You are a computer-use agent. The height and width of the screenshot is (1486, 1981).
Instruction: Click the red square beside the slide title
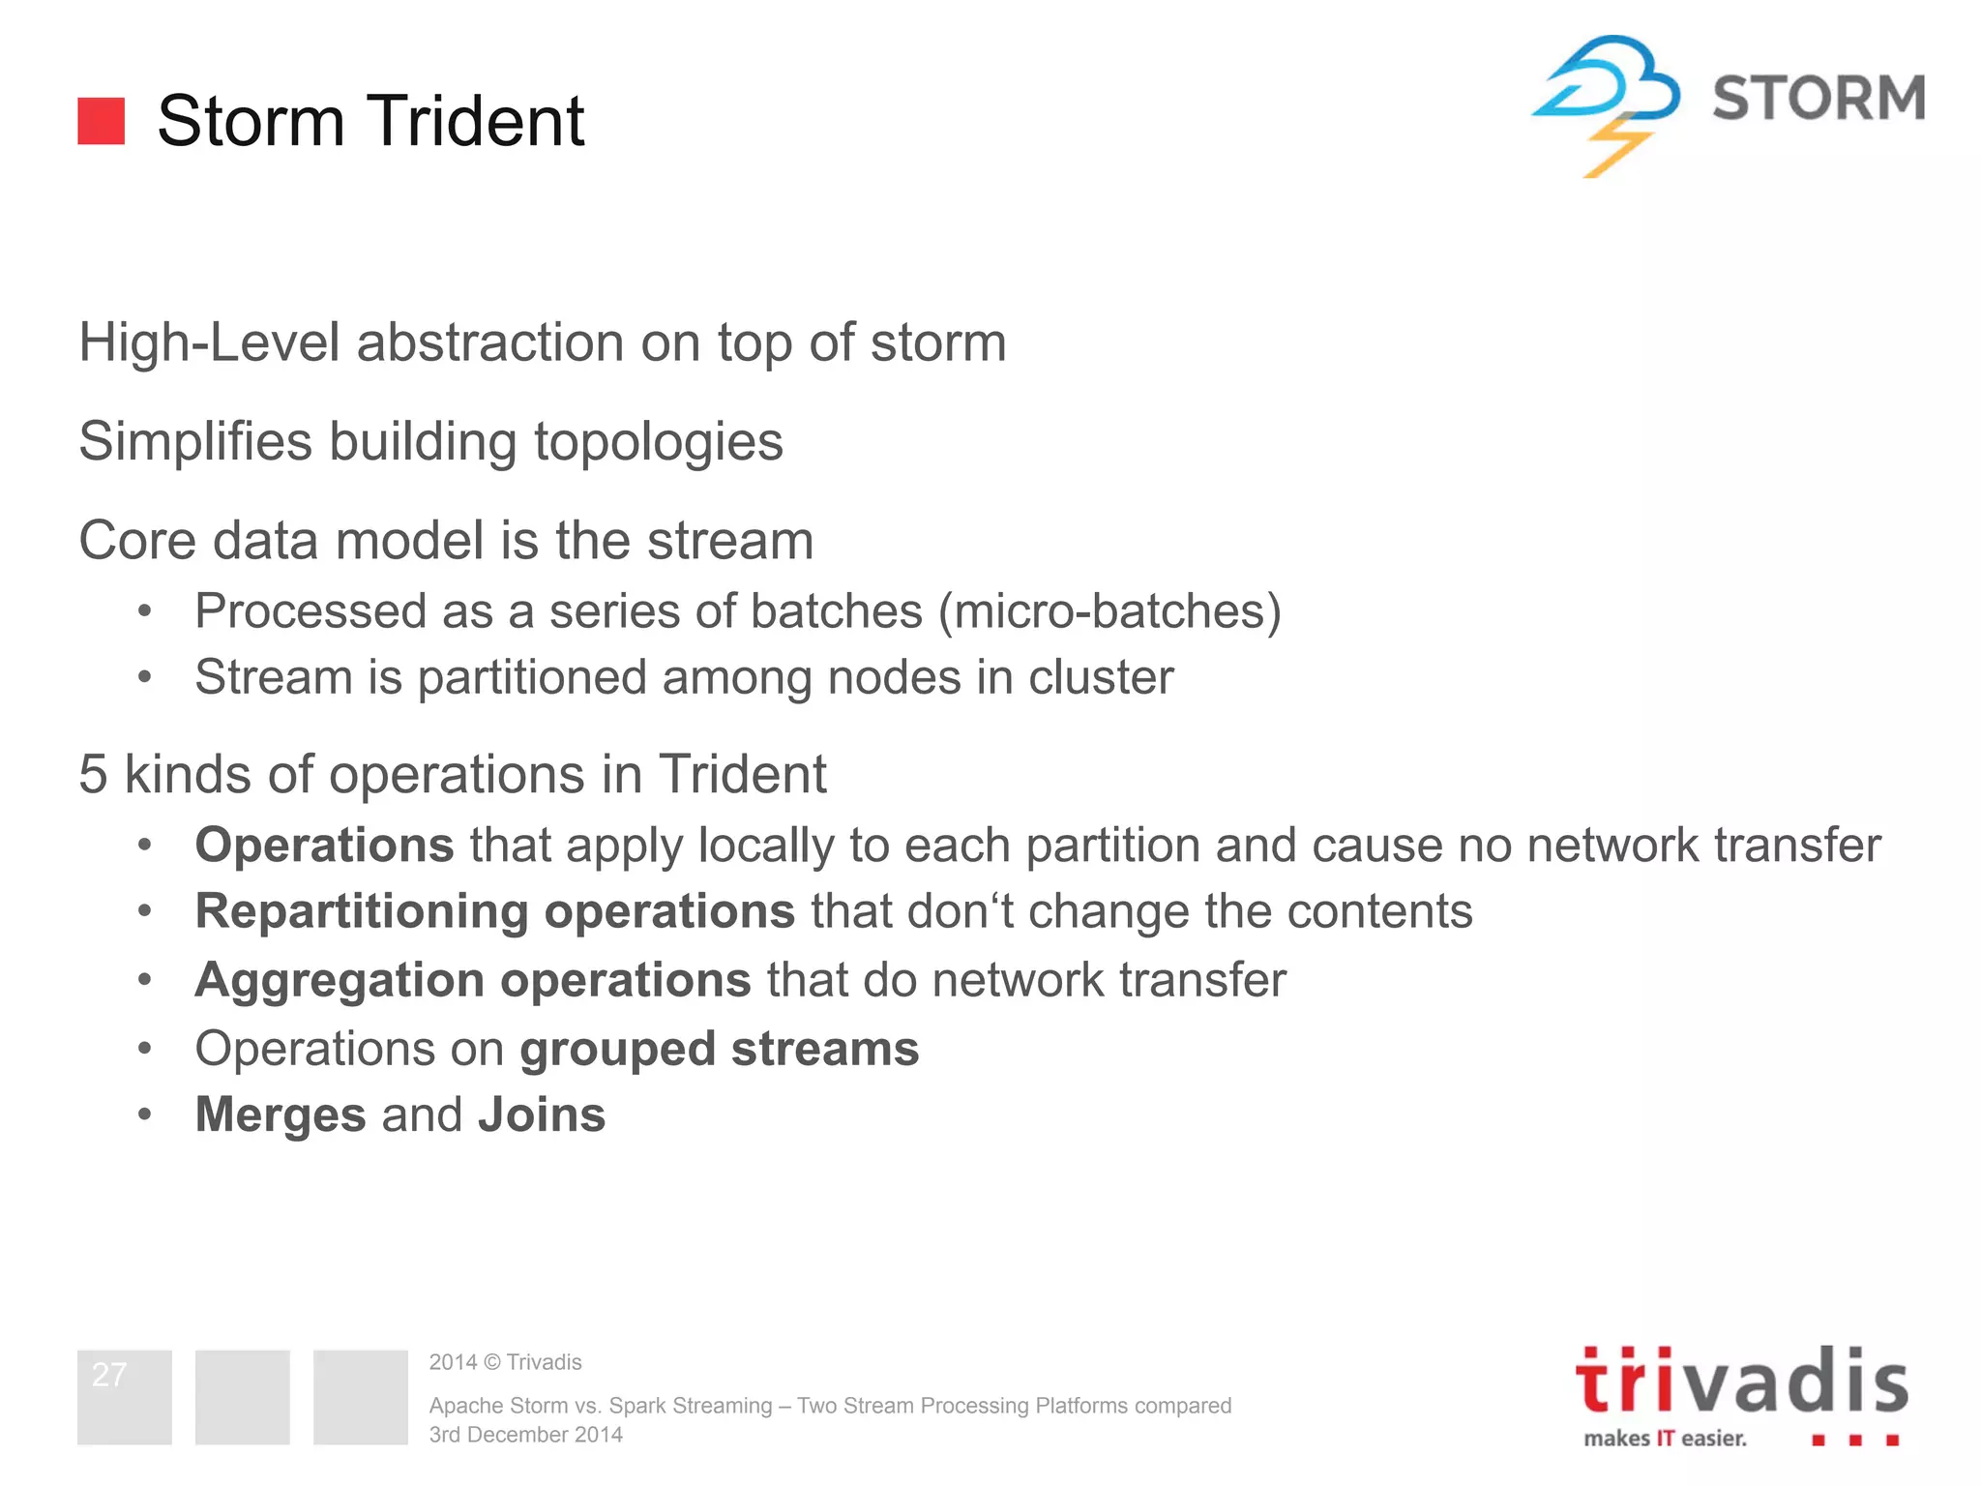tap(101, 121)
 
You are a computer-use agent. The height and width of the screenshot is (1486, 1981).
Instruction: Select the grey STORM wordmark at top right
tap(1818, 98)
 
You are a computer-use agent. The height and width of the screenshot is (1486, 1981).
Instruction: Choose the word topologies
tap(658, 442)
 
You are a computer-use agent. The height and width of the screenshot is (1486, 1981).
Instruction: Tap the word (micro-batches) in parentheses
tap(1109, 611)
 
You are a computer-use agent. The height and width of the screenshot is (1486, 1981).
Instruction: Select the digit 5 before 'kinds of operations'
tap(93, 774)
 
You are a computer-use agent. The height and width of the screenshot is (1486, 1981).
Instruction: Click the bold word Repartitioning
tap(362, 911)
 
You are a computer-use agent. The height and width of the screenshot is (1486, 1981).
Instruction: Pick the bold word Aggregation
tap(340, 980)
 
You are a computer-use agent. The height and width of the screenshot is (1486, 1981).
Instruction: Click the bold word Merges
tap(281, 1114)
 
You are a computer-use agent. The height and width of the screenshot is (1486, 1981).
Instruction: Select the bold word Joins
tap(542, 1114)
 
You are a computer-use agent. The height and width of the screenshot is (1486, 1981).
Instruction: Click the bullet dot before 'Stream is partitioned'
tap(145, 677)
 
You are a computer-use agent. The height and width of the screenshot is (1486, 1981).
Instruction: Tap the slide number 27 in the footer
tap(109, 1375)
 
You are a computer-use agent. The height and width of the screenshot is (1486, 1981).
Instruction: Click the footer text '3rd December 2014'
tap(525, 1435)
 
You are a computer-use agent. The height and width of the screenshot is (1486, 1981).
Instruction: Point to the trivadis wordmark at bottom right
tap(1741, 1382)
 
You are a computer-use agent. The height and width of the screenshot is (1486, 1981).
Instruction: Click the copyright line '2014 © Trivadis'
tap(505, 1362)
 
